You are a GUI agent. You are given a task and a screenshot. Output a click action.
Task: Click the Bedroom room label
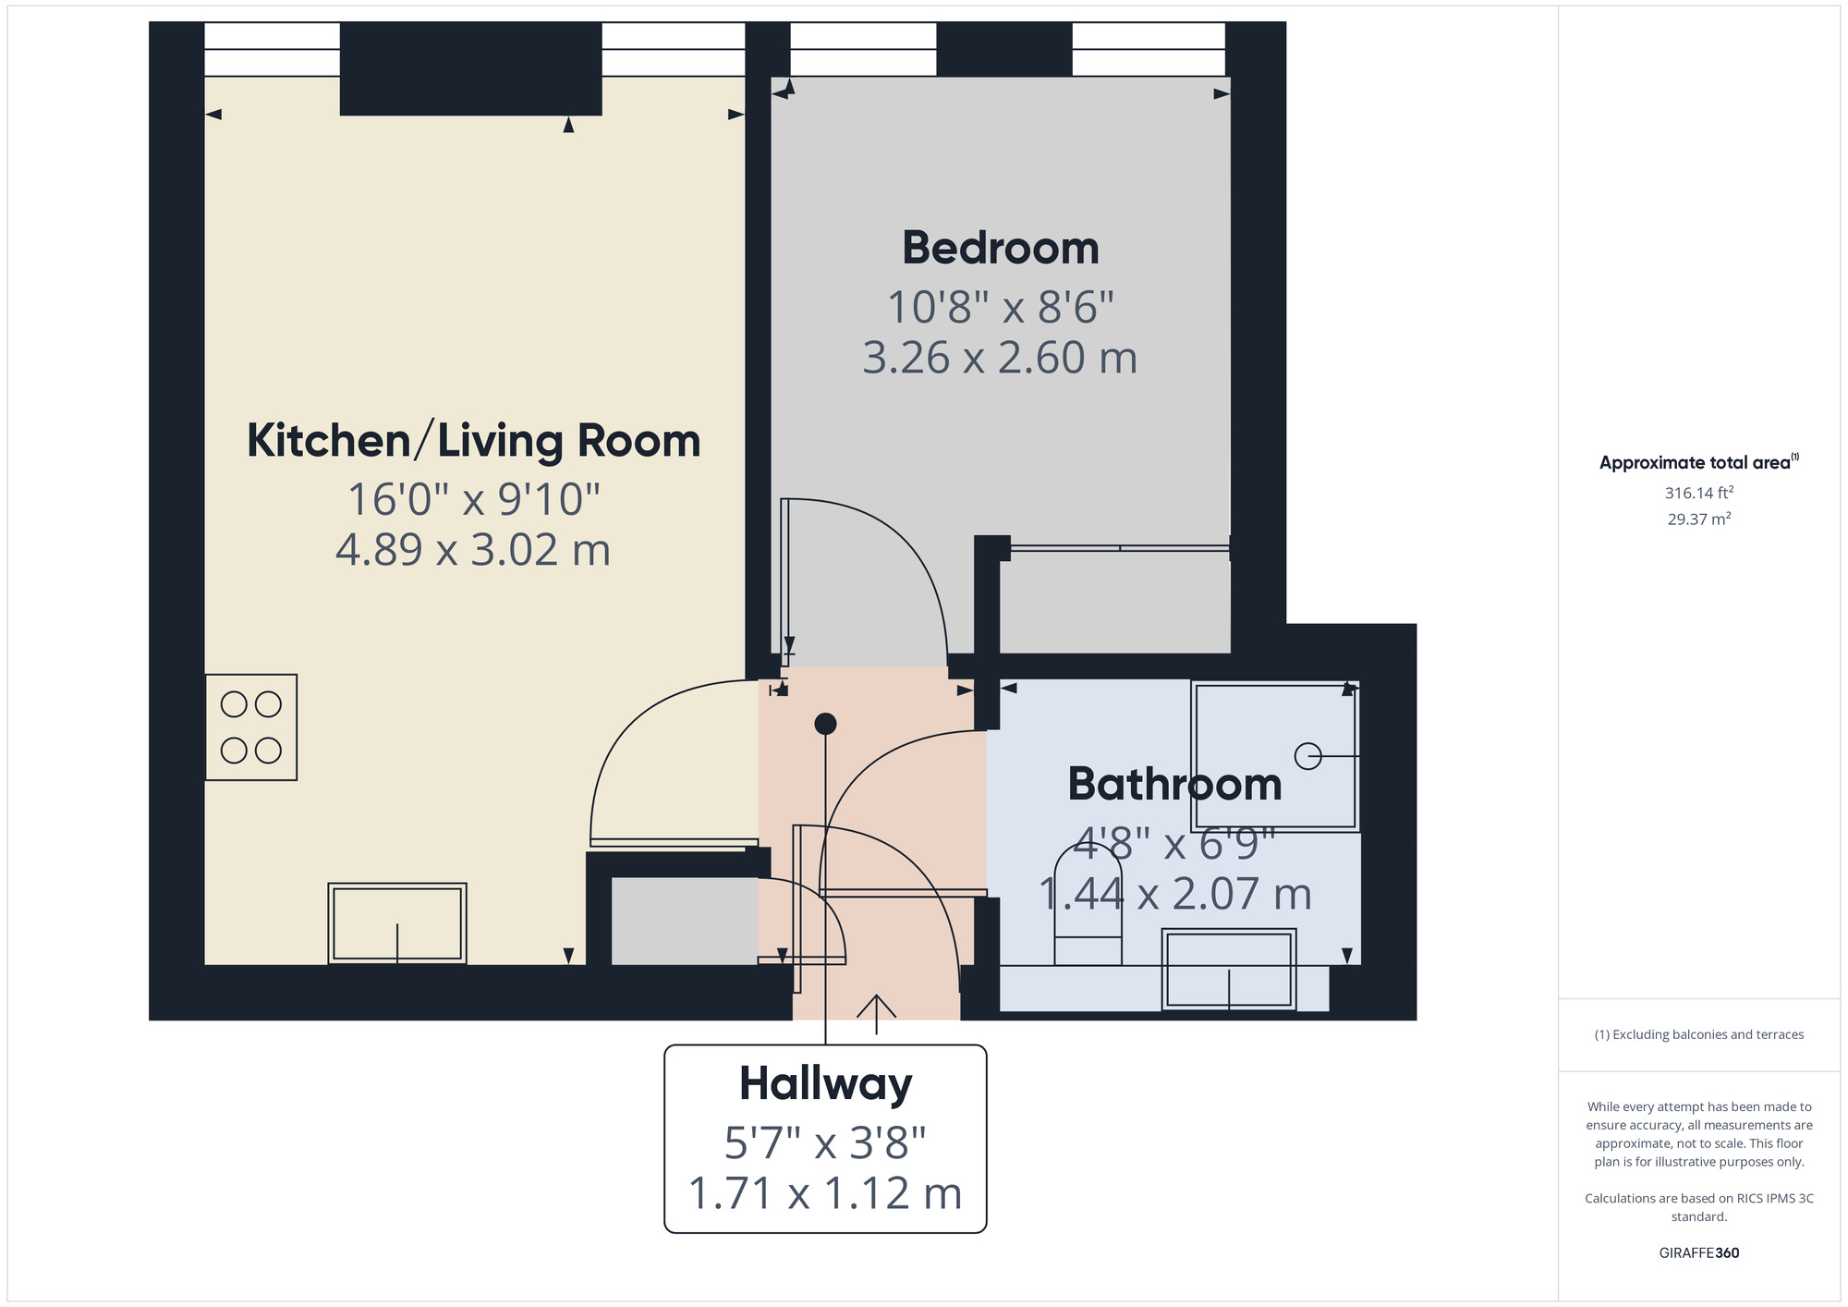coord(1001,249)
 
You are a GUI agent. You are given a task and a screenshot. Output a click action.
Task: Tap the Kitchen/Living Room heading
coord(473,441)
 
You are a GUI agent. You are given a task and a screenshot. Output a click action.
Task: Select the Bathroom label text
coord(1174,785)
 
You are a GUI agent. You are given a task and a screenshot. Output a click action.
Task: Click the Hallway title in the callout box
coord(825,1083)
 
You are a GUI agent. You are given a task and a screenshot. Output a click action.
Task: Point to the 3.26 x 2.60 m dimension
coord(1000,359)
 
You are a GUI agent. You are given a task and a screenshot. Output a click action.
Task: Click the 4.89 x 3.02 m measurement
coord(473,551)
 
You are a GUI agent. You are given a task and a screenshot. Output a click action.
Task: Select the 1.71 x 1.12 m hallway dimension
coord(825,1193)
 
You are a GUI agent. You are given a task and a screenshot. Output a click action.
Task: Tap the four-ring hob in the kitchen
coord(251,727)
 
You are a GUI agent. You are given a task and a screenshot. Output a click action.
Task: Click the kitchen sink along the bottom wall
coord(397,923)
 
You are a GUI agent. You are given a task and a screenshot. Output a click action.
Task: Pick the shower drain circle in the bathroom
coord(1307,756)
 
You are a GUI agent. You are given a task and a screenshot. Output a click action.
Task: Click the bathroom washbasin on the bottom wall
coord(1229,970)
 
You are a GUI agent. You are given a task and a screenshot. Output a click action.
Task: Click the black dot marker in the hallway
coord(825,724)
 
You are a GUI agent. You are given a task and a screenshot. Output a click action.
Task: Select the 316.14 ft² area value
coord(1698,493)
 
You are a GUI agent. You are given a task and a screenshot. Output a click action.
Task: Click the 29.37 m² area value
coord(1698,519)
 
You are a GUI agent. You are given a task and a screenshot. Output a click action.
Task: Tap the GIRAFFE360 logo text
coord(1698,1253)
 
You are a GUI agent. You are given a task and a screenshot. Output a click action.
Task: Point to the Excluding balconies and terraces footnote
coord(1698,1034)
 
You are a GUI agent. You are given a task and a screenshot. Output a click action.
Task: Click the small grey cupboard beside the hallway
coord(685,922)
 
